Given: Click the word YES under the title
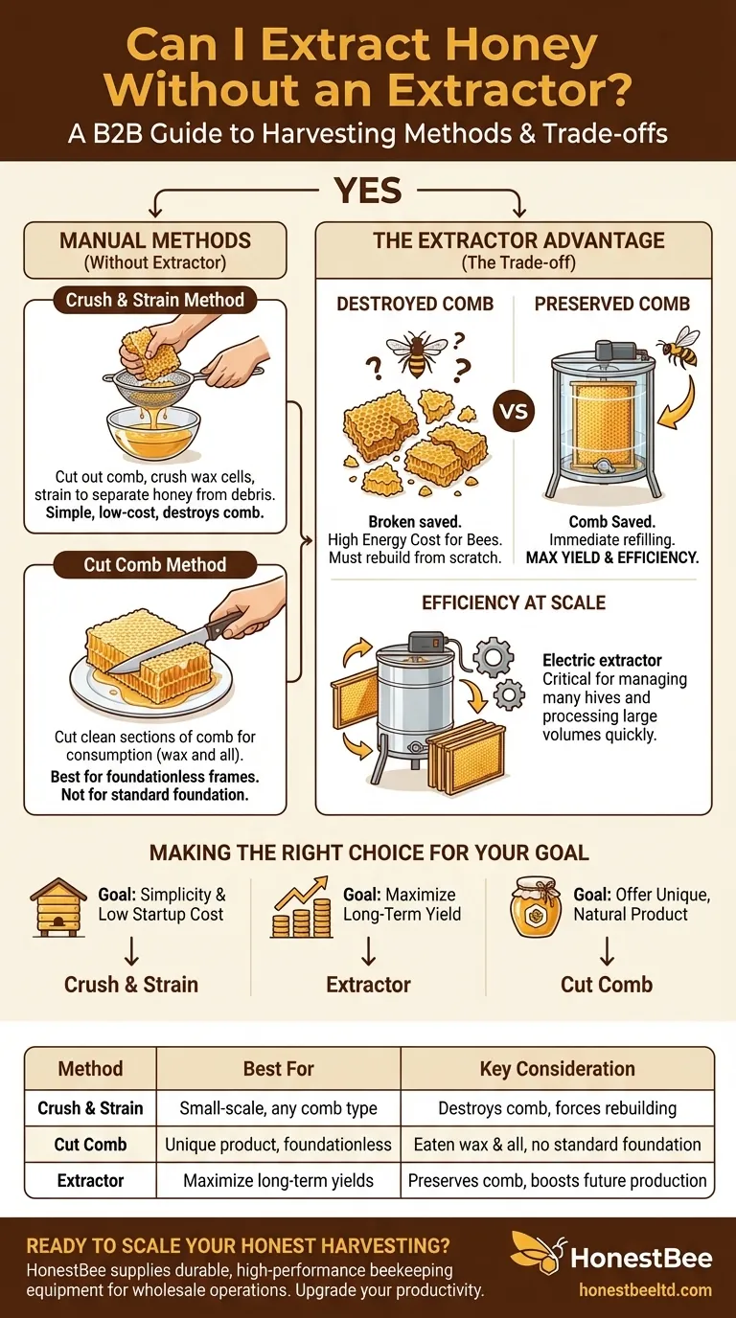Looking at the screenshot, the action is [368, 190].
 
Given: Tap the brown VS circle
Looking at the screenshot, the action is [514, 411].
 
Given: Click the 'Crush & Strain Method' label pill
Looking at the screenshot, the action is [155, 300].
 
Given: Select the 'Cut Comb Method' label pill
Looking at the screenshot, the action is [155, 565].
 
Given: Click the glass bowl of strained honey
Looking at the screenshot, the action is [153, 434].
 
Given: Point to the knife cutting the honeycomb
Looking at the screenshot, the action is [176, 642].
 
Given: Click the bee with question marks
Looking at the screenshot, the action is [416, 353].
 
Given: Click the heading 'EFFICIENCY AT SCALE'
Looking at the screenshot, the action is [514, 603].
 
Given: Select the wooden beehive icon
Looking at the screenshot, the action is [57, 907].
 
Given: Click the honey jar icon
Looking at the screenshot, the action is [535, 907].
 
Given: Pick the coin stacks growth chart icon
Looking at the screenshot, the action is [301, 907].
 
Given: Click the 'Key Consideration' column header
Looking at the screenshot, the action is [557, 1069].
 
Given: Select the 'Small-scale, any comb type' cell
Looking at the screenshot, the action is [279, 1108].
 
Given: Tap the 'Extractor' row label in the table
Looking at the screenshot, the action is [90, 1180].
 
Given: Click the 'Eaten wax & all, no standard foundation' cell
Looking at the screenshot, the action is [557, 1144].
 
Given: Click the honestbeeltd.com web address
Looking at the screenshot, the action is [645, 1290].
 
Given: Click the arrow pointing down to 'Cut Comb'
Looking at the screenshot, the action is [607, 951].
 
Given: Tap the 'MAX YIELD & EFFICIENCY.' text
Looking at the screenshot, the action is [612, 557].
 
